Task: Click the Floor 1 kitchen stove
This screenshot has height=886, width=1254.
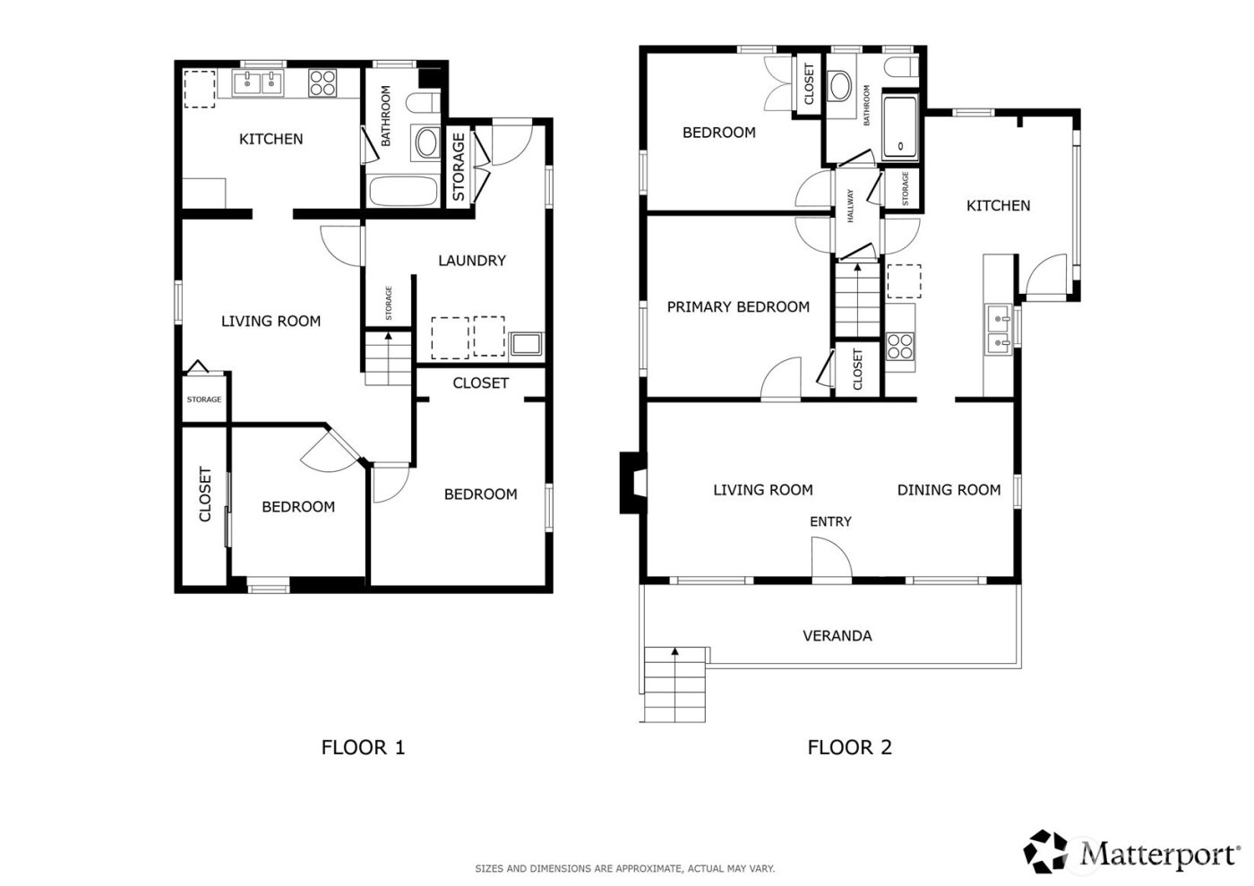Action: (322, 83)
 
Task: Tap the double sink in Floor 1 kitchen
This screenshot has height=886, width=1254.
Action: (258, 83)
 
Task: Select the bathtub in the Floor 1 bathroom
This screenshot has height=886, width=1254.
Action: (402, 191)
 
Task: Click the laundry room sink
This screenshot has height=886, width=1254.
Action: (526, 345)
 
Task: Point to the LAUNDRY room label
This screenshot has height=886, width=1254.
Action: (472, 261)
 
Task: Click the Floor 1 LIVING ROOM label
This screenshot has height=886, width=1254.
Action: (271, 321)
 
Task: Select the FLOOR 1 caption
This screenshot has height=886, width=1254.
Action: (363, 747)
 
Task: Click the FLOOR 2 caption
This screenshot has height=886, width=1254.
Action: (849, 747)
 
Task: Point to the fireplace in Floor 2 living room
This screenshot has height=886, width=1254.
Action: (631, 483)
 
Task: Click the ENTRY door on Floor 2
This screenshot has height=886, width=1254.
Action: (830, 560)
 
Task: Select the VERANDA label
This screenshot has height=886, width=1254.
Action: (837, 636)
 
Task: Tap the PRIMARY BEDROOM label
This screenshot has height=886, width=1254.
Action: (738, 307)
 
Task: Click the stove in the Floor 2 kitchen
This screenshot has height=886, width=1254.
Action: (900, 346)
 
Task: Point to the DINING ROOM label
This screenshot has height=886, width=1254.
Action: (949, 490)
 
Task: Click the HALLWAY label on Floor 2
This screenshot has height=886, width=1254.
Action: (850, 206)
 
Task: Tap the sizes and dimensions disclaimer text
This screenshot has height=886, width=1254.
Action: (624, 869)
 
